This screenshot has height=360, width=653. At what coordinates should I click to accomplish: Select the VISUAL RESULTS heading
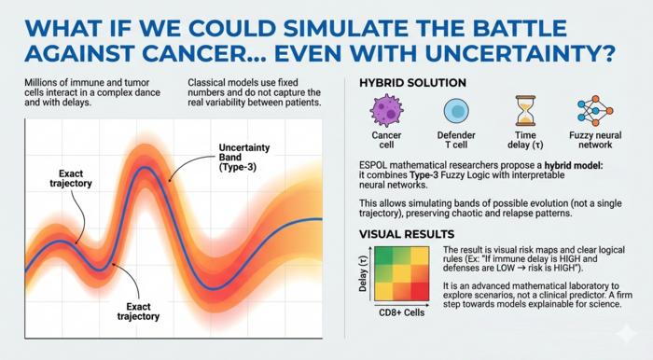pyautogui.click(x=403, y=235)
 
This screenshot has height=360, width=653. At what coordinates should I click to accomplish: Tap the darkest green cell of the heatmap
pyautogui.click(x=384, y=257)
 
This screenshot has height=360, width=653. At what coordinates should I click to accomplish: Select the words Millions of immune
pyautogui.click(x=66, y=84)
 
